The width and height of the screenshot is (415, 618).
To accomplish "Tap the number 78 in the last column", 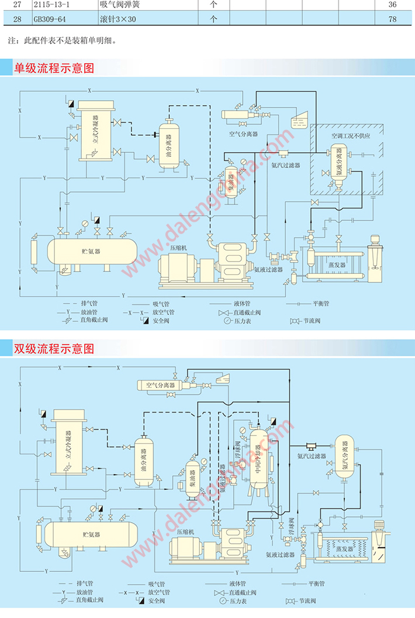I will [x=392, y=19].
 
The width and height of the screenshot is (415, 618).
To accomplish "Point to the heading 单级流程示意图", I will [x=54, y=68].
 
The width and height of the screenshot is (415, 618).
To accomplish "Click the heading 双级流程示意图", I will [x=54, y=349].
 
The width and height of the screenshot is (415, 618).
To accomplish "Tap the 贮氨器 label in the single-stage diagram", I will [x=91, y=250].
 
